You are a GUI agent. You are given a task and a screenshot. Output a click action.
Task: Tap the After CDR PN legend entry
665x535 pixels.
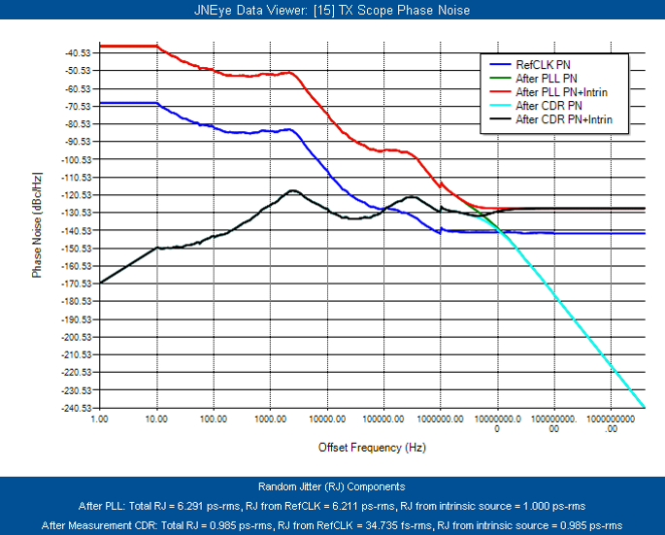pos(549,105)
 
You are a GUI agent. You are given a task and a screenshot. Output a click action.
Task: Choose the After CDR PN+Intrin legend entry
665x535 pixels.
pos(571,119)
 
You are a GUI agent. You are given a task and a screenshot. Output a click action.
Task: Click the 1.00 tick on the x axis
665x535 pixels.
pos(100,421)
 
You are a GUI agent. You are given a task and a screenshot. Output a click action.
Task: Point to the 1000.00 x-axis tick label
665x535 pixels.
pos(271,421)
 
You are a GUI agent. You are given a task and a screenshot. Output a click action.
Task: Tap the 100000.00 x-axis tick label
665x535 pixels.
pos(383,421)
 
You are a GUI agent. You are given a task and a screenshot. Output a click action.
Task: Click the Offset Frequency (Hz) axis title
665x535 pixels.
pos(372,448)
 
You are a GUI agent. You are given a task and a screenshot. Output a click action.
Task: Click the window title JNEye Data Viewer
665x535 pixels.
pos(332,10)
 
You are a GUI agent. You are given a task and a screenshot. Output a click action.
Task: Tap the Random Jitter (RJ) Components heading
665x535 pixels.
pos(332,486)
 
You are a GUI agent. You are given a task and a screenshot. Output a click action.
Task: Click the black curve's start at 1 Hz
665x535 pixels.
pos(100,283)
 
